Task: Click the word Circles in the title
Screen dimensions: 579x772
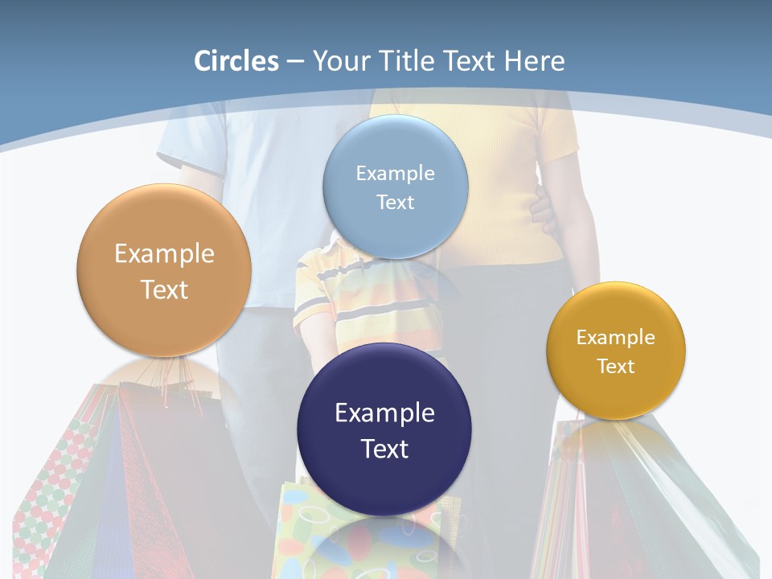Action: pos(236,61)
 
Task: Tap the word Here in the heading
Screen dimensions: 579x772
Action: pos(534,61)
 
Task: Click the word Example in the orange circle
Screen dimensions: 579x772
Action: pos(164,254)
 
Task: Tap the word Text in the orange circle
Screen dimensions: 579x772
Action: pos(164,289)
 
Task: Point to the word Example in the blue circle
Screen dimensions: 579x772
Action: pos(395,174)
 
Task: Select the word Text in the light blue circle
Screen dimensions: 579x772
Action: pos(395,202)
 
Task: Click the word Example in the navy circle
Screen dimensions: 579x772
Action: pos(384,413)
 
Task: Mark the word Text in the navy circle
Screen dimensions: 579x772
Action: pos(384,449)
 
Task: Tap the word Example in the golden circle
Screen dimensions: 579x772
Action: pos(616,338)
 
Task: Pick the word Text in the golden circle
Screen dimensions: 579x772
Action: pos(616,367)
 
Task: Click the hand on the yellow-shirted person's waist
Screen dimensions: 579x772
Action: pos(541,213)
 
